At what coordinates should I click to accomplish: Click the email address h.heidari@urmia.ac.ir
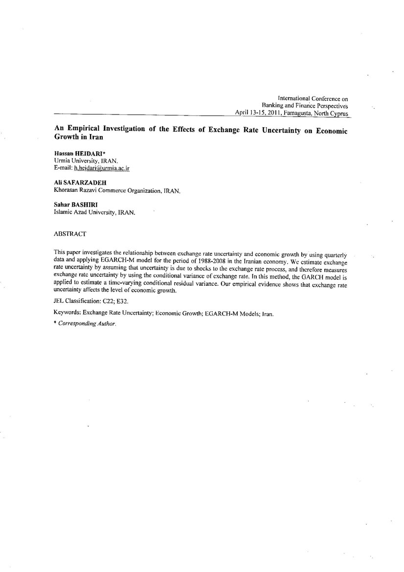[x=101, y=168]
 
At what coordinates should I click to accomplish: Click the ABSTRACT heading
[x=70, y=234]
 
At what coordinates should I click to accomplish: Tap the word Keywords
[x=67, y=314]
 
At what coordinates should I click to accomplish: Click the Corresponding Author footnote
[x=87, y=323]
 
